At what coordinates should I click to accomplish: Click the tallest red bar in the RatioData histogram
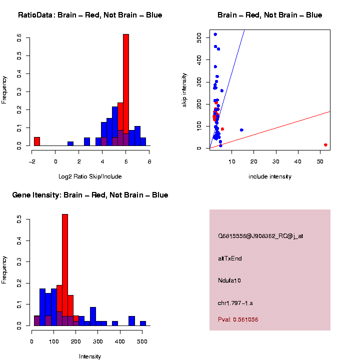click(126, 90)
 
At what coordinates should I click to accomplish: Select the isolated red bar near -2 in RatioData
click(37, 141)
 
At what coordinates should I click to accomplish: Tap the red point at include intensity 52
click(325, 145)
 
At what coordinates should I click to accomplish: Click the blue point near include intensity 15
click(241, 130)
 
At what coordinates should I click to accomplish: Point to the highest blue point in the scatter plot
click(215, 34)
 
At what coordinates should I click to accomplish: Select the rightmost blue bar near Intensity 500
click(143, 323)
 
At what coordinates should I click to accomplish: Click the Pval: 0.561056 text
click(238, 319)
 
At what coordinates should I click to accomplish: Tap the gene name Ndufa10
click(229, 280)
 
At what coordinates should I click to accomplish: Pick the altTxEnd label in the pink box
click(230, 258)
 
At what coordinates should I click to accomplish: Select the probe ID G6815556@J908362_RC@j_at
click(260, 236)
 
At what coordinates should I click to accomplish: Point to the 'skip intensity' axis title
click(184, 89)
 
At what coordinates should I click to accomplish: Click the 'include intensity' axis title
click(269, 176)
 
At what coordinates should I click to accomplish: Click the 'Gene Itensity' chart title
click(90, 195)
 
